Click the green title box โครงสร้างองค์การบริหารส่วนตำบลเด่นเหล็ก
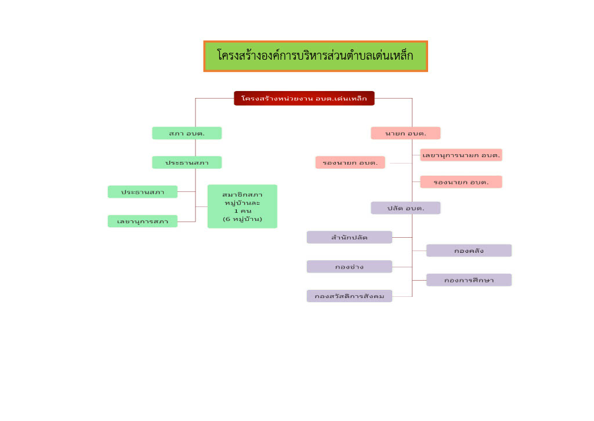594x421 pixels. pyautogui.click(x=316, y=56)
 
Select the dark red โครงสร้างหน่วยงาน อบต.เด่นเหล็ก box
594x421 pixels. pyautogui.click(x=304, y=99)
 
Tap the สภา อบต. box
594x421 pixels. pyautogui.click(x=187, y=133)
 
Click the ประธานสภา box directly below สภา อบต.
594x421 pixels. pyautogui.click(x=187, y=162)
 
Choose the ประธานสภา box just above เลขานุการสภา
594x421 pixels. pyautogui.click(x=143, y=192)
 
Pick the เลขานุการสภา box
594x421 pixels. pyautogui.click(x=143, y=221)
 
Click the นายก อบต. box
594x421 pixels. pyautogui.click(x=405, y=133)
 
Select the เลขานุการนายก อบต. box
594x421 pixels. pyautogui.click(x=461, y=155)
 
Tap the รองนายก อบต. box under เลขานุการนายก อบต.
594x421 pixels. pyautogui.click(x=461, y=182)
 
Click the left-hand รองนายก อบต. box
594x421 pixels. pyautogui.click(x=350, y=162)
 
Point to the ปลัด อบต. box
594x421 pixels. pyautogui.click(x=405, y=208)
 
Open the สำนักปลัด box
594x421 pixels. pyautogui.click(x=349, y=237)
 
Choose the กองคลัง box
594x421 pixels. pyautogui.click(x=469, y=251)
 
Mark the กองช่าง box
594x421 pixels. pyautogui.click(x=349, y=267)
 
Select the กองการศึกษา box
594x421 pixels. pyautogui.click(x=469, y=280)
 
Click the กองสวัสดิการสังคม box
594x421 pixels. pyautogui.click(x=349, y=296)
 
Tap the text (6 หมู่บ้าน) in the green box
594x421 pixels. pyautogui.click(x=242, y=219)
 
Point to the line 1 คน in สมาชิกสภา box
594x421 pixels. pyautogui.click(x=242, y=211)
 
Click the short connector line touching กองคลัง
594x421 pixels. pyautogui.click(x=419, y=251)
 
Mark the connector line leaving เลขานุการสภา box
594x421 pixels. pyautogui.click(x=186, y=222)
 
